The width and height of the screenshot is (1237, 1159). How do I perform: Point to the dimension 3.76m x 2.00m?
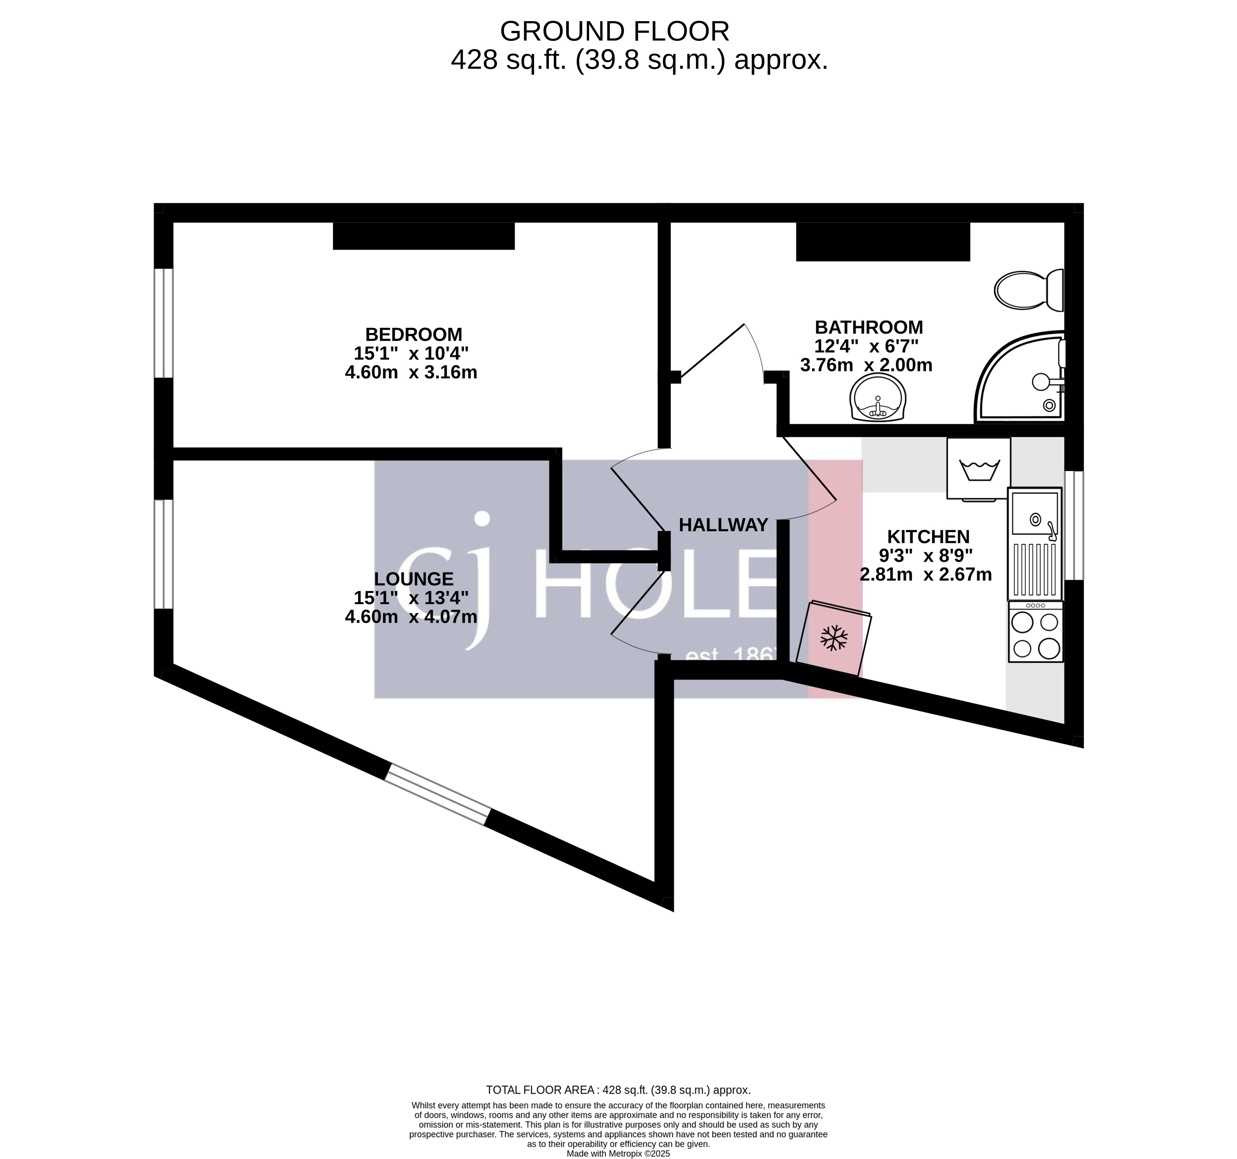(866, 366)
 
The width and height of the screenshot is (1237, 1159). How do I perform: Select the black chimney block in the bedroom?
(423, 236)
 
